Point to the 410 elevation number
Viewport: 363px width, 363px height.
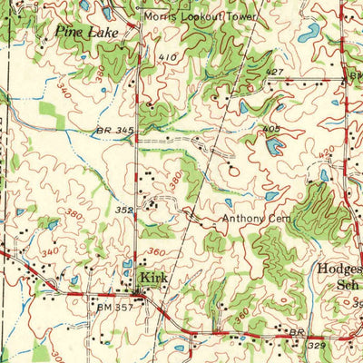166,58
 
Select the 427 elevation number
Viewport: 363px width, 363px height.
276,71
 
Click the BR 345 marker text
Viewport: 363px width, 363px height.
115,132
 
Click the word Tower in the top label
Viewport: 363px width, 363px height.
240,16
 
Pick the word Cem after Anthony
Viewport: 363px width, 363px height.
279,220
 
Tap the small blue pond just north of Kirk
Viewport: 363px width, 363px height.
126,267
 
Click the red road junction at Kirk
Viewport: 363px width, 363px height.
140,295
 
